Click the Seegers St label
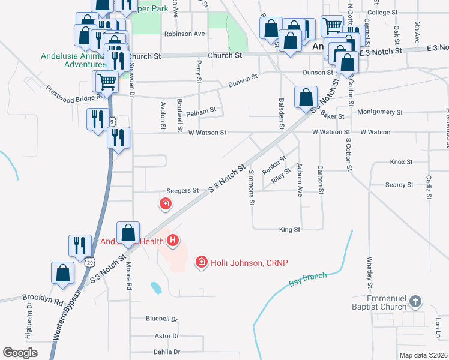pyautogui.click(x=182, y=190)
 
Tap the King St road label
pyautogui.click(x=289, y=229)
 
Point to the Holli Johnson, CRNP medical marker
pyautogui.click(x=202, y=262)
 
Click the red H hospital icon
pyautogui.click(x=173, y=241)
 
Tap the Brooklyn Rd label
pyautogui.click(x=43, y=297)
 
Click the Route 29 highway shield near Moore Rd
pyautogui.click(x=89, y=262)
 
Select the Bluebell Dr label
pyautogui.click(x=162, y=319)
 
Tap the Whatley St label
pyautogui.click(x=370, y=274)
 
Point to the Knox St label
pyautogui.click(x=401, y=161)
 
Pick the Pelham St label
pyautogui.click(x=200, y=112)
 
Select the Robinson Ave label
pyautogui.click(x=184, y=34)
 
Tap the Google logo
pyautogui.click(x=20, y=353)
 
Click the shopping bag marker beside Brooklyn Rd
pyautogui.click(x=62, y=273)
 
